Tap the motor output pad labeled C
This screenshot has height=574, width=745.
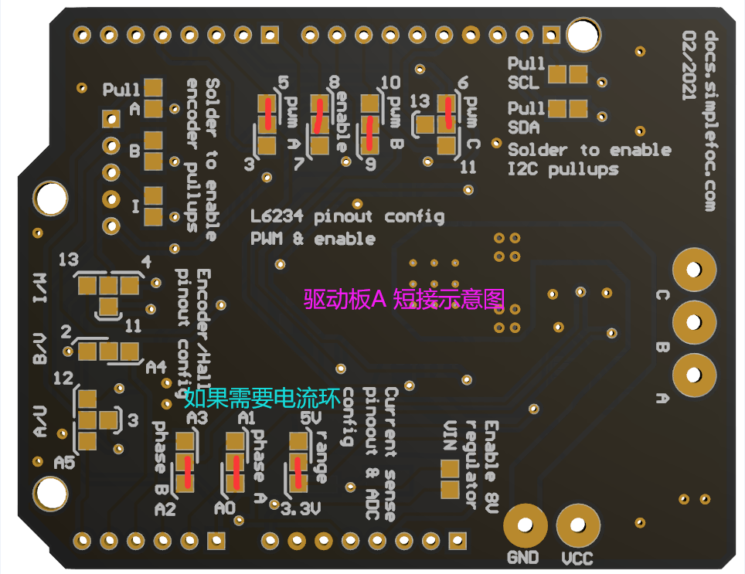693,269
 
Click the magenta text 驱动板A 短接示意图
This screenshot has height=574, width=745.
403,298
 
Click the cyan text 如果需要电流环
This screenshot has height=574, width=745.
263,398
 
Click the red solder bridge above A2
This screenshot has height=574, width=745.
186,472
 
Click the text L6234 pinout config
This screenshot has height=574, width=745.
348,216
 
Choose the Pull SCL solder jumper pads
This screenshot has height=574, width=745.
567,73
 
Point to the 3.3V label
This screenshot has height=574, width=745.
300,510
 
